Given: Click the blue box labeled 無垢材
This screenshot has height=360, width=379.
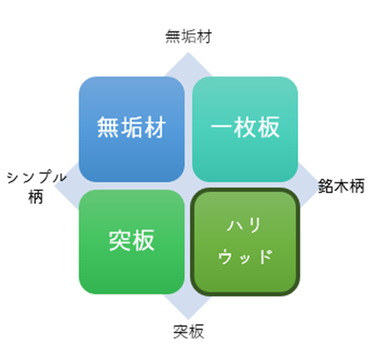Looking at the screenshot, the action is click(131, 129).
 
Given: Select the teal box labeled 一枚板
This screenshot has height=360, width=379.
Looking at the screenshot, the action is click(245, 129).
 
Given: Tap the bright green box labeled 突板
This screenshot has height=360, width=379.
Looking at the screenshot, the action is click(131, 242).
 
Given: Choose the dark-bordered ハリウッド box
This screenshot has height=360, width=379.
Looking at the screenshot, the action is click(245, 242).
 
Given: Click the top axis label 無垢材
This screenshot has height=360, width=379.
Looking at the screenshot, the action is click(189, 36).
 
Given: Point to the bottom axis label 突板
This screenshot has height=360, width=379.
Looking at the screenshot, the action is click(189, 332).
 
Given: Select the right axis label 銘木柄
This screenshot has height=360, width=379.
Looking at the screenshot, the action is click(341, 186).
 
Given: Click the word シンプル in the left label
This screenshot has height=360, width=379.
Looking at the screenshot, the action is click(36, 177).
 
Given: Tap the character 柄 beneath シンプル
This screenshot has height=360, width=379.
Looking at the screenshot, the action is click(35, 197).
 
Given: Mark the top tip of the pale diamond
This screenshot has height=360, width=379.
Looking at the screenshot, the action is click(188, 52).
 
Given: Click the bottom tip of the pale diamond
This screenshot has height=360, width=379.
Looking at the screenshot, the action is click(188, 319).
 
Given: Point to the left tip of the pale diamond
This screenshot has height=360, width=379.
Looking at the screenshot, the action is click(55, 186).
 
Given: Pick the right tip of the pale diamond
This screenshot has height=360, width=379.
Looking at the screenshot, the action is click(322, 186).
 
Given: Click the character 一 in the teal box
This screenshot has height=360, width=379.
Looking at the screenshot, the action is click(222, 127).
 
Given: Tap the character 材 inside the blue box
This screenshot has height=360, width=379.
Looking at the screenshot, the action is click(155, 127).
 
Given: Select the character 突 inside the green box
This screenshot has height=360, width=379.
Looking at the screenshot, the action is click(120, 241).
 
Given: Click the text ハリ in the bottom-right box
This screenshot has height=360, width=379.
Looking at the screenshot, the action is click(244, 225).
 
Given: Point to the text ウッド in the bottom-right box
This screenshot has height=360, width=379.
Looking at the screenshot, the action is click(245, 257).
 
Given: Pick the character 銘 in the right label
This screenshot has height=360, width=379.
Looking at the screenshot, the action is click(326, 186).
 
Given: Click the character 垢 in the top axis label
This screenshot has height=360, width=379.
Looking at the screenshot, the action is click(189, 36).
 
